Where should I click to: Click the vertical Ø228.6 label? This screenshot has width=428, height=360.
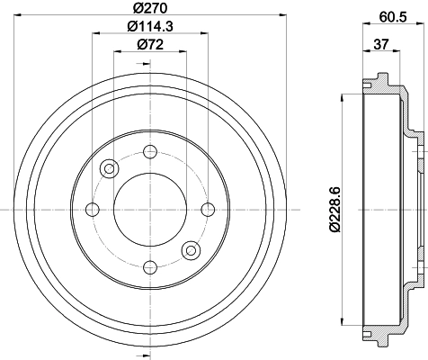pos(334,209)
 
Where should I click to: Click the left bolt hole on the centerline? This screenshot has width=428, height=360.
pos(91,210)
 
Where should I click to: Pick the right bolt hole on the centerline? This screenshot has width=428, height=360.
pos(207,210)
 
